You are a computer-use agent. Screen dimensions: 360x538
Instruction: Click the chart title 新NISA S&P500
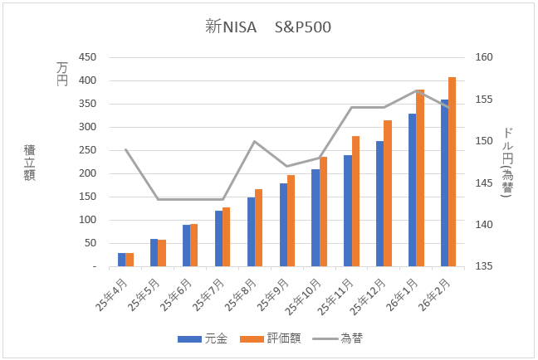[x=268, y=27]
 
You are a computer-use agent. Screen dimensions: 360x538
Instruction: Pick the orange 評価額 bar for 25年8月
[x=259, y=228]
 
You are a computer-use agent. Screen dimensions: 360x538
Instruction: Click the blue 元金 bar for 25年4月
[x=121, y=260]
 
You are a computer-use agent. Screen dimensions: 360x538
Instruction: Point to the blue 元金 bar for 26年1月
[x=412, y=190]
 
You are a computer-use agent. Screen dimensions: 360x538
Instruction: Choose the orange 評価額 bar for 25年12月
[x=388, y=193]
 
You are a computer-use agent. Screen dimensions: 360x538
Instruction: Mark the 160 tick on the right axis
[x=485, y=57]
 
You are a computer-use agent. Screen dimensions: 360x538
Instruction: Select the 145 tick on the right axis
[x=485, y=182]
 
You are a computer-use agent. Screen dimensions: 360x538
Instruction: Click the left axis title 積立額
[x=30, y=162]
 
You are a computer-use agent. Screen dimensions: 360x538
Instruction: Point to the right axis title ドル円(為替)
[x=507, y=162]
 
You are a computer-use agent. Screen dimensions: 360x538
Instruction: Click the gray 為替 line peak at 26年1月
[x=416, y=90]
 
